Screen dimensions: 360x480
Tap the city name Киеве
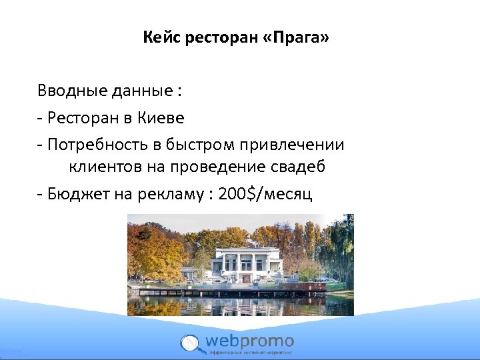pyautogui.click(x=161, y=118)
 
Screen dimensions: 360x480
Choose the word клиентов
pyautogui.click(x=100, y=167)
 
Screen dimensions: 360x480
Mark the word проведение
pyautogui.click(x=214, y=167)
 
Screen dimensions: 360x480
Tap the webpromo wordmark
pyautogui.click(x=249, y=341)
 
